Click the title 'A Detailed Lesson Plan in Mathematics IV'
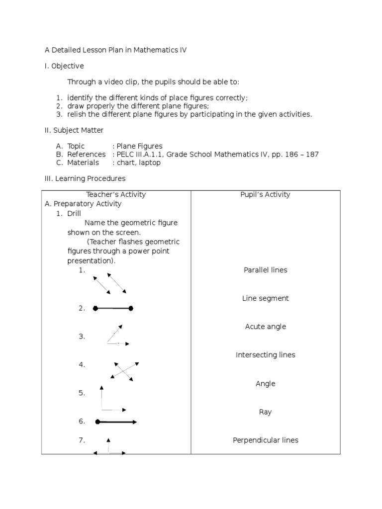pos(115,50)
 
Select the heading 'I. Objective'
pos(64,66)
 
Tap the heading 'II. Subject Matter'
pos(74,130)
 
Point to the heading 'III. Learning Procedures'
pos(85,178)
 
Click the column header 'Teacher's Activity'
pos(116,194)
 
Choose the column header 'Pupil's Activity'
pos(265,194)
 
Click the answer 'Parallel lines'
pos(265,270)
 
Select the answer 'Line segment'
pos(265,298)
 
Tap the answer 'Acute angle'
pos(265,327)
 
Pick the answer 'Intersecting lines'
pos(265,355)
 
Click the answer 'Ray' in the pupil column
pos(265,412)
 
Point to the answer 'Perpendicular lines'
pos(265,440)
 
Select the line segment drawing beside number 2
pos(113,309)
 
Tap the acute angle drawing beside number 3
pos(116,335)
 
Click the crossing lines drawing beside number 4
pos(122,371)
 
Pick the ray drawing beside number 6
pos(116,422)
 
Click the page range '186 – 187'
pos(298,154)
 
